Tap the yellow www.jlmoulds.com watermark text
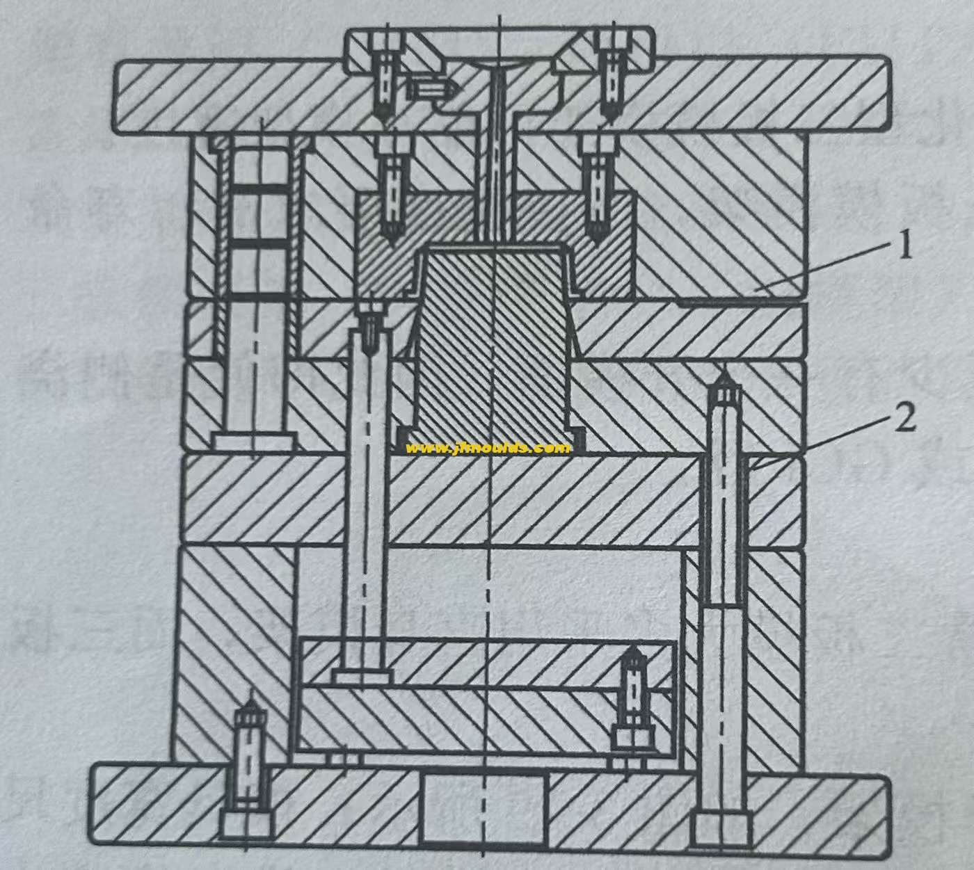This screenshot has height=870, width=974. (487, 448)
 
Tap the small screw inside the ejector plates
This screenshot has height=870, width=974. (632, 695)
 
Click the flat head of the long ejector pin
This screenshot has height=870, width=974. (362, 676)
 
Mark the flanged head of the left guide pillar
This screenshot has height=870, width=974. (254, 441)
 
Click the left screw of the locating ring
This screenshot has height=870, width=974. (383, 76)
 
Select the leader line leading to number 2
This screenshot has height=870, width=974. (821, 441)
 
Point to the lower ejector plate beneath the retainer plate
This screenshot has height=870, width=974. (487, 723)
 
